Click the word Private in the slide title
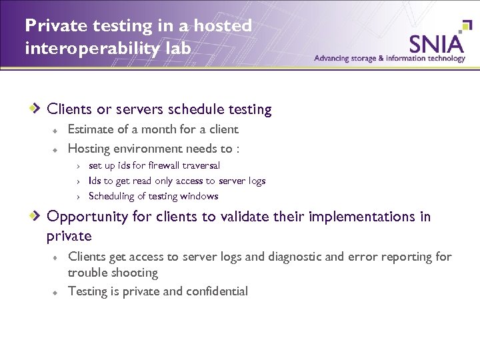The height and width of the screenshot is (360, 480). [49, 25]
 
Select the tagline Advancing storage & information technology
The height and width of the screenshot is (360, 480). [389, 58]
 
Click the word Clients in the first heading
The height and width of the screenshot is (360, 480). [69, 109]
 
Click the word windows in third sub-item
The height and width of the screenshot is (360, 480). [201, 196]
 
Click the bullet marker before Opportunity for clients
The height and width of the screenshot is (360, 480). [38, 217]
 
